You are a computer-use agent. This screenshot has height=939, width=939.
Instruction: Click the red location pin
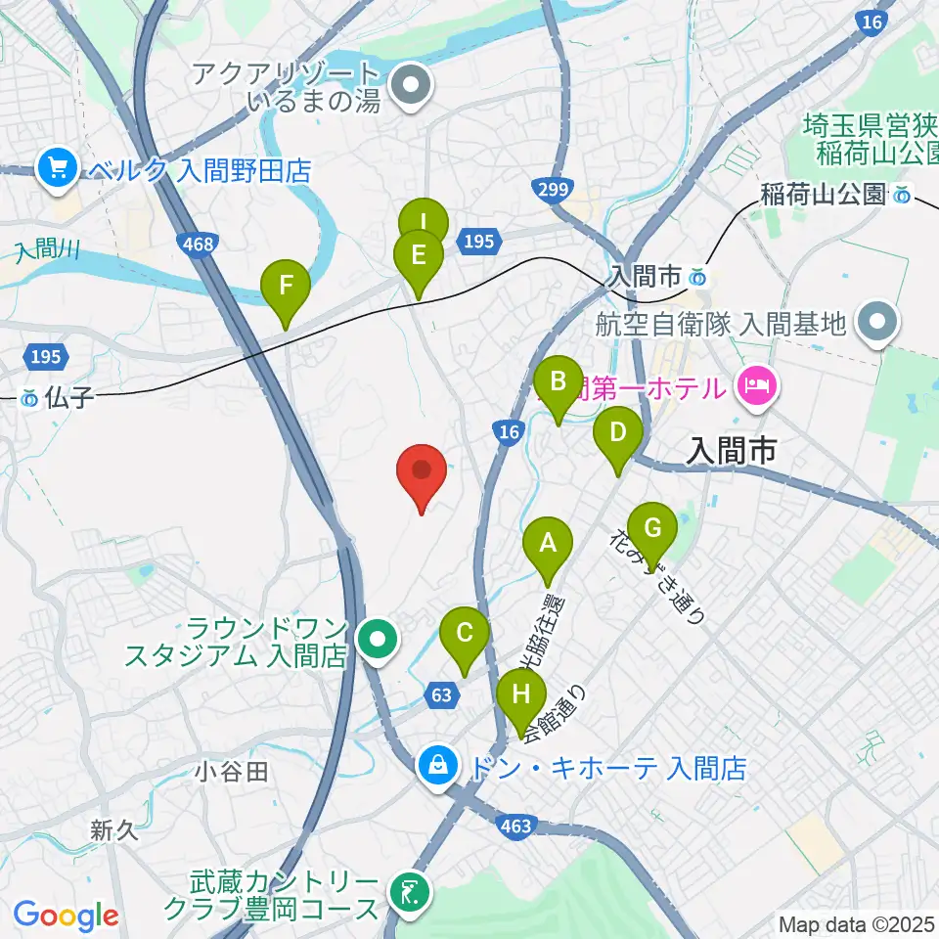422,472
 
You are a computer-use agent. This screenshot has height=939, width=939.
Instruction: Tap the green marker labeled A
548,545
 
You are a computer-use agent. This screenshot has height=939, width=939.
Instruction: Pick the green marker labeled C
465,636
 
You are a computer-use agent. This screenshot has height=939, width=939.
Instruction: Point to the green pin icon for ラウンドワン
377,642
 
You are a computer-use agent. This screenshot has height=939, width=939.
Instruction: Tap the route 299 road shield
554,190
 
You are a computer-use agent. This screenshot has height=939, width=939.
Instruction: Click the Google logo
66,917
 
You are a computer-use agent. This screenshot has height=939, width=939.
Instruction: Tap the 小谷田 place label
231,772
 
